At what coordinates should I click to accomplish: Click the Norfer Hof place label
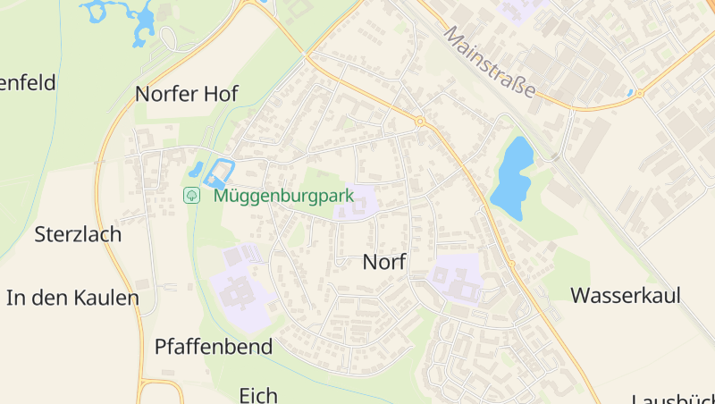coord(187,94)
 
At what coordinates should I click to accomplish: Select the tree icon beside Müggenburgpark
coord(191,195)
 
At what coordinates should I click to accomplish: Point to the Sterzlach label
coord(78,235)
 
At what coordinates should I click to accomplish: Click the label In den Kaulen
coord(73,298)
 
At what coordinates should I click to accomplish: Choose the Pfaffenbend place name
coord(214,347)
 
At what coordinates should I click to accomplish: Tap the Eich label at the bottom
coord(258,394)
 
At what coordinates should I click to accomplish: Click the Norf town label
coord(384,263)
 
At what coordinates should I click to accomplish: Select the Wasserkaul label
coord(626,295)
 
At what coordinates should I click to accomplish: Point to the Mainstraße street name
coord(490,61)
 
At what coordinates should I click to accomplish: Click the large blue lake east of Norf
coord(512,177)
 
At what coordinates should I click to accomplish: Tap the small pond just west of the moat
coord(196,169)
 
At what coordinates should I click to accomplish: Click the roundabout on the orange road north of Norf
coord(419,121)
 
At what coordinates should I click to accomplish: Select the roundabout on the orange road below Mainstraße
coord(640,92)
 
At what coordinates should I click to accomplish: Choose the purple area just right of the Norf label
coord(455,278)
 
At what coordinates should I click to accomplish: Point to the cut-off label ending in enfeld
coord(29,83)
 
